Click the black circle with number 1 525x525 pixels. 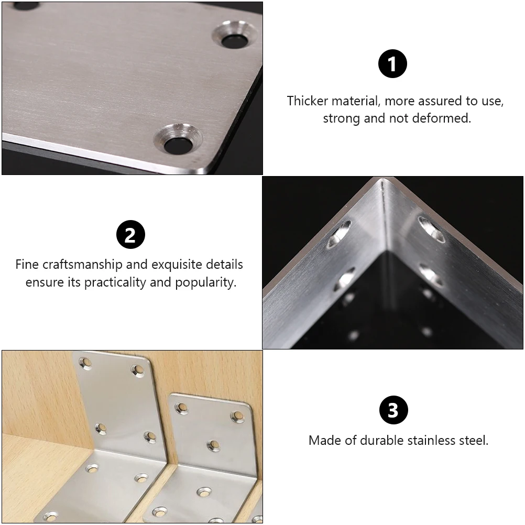[392, 64]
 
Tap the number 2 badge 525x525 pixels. [130, 235]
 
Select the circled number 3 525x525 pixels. [393, 410]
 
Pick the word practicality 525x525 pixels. [115, 282]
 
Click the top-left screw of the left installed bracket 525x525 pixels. [85, 362]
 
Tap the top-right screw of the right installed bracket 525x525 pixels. [238, 416]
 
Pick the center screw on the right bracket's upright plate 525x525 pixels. [213, 445]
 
